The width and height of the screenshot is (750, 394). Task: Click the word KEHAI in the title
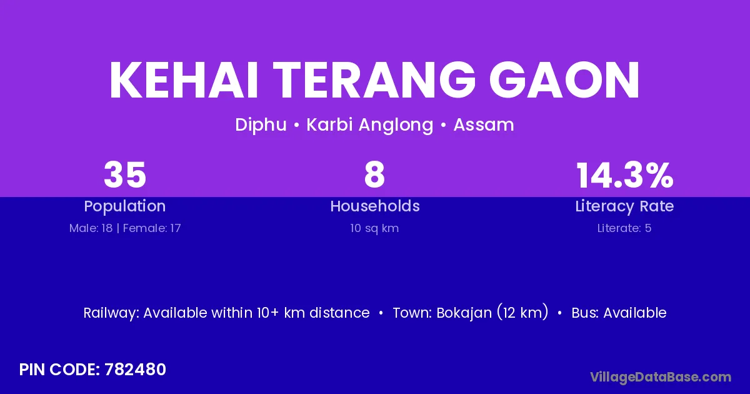pyautogui.click(x=184, y=80)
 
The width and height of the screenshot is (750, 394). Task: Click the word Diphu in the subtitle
pyautogui.click(x=261, y=125)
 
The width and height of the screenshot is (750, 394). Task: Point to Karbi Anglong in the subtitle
pyautogui.click(x=370, y=125)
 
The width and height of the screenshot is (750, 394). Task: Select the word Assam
pyautogui.click(x=484, y=125)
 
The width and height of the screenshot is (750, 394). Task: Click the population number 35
pyautogui.click(x=125, y=175)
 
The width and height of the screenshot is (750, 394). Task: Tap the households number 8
pyautogui.click(x=374, y=175)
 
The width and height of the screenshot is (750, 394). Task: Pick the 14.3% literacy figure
pyautogui.click(x=624, y=175)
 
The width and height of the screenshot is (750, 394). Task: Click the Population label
pyautogui.click(x=125, y=206)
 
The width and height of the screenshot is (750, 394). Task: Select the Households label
pyautogui.click(x=375, y=206)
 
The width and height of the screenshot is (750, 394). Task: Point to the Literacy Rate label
pyautogui.click(x=624, y=206)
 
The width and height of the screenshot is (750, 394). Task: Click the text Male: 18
pyautogui.click(x=91, y=228)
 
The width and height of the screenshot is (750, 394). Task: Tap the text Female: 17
pyautogui.click(x=152, y=228)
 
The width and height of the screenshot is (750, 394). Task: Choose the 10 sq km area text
pyautogui.click(x=374, y=228)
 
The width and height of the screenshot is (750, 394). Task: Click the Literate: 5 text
pyautogui.click(x=624, y=228)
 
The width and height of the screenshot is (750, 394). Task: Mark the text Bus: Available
pyautogui.click(x=619, y=313)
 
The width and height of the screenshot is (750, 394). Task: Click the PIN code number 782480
pyautogui.click(x=135, y=370)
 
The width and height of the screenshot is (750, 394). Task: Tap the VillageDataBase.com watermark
pyautogui.click(x=661, y=377)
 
